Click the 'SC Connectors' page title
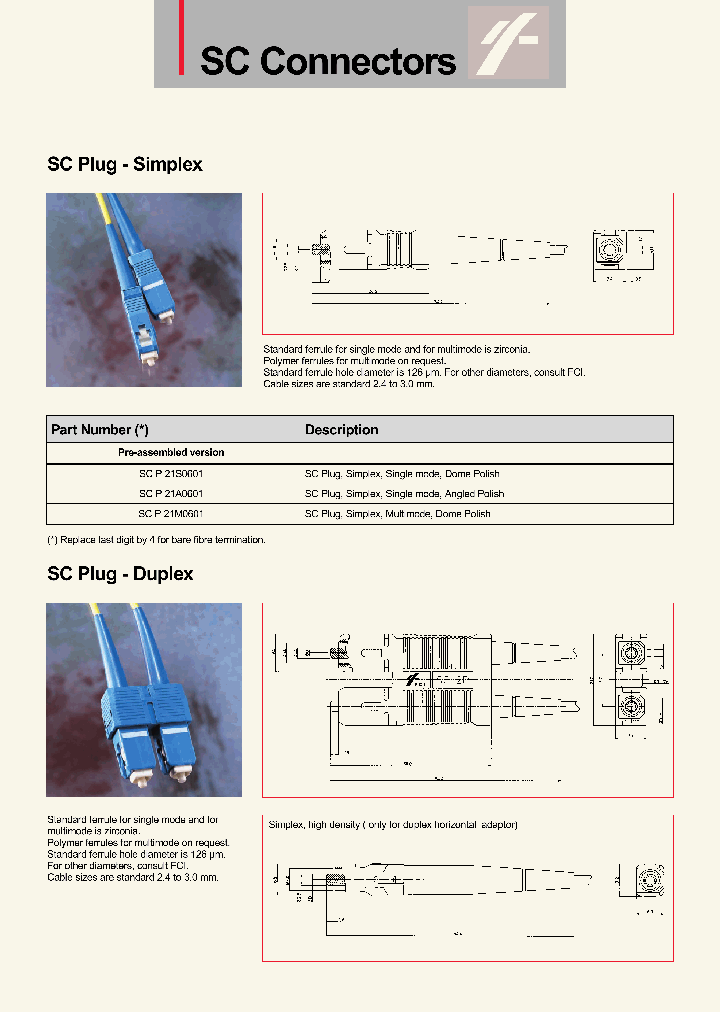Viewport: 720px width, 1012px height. coord(328,61)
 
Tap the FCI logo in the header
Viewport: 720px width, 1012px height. coord(509,44)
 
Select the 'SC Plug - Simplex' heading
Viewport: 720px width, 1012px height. coord(125,164)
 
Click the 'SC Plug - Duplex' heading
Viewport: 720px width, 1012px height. coord(120,574)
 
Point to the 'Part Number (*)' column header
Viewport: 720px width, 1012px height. coord(100,430)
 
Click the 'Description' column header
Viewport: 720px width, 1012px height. coord(341,430)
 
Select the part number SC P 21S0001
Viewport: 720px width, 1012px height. coord(171,474)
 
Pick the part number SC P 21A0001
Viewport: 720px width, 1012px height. coord(171,494)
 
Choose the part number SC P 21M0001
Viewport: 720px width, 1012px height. coord(171,514)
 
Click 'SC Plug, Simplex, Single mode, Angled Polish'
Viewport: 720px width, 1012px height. coord(404,494)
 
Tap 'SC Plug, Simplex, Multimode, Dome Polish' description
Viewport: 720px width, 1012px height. coord(397,514)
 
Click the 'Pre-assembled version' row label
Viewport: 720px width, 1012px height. coord(171,453)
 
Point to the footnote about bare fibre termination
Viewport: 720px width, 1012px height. coord(157,540)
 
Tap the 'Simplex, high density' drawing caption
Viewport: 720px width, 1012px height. coord(393,825)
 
